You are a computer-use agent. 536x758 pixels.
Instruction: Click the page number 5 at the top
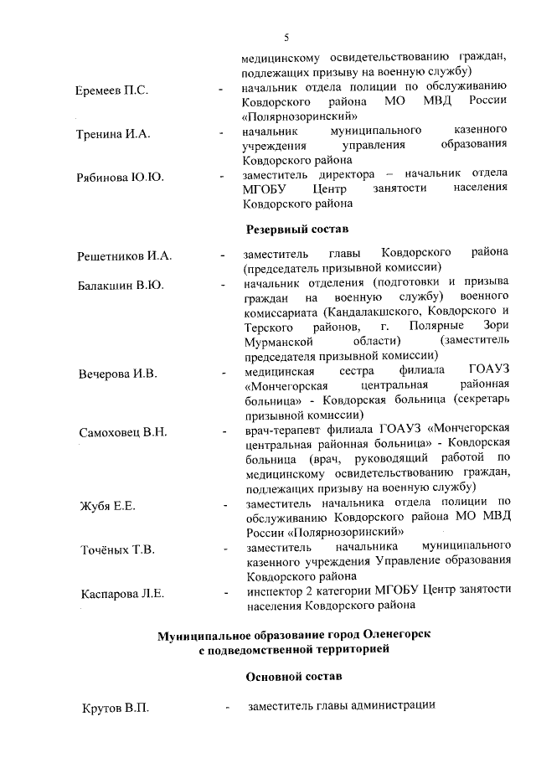pyautogui.click(x=286, y=38)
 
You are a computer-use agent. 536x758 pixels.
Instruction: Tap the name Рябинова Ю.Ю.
pyautogui.click(x=119, y=178)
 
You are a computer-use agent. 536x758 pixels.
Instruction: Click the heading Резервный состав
pyautogui.click(x=296, y=229)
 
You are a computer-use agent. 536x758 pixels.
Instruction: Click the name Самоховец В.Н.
pyautogui.click(x=122, y=432)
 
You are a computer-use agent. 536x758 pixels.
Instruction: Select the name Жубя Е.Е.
pyautogui.click(x=107, y=506)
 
